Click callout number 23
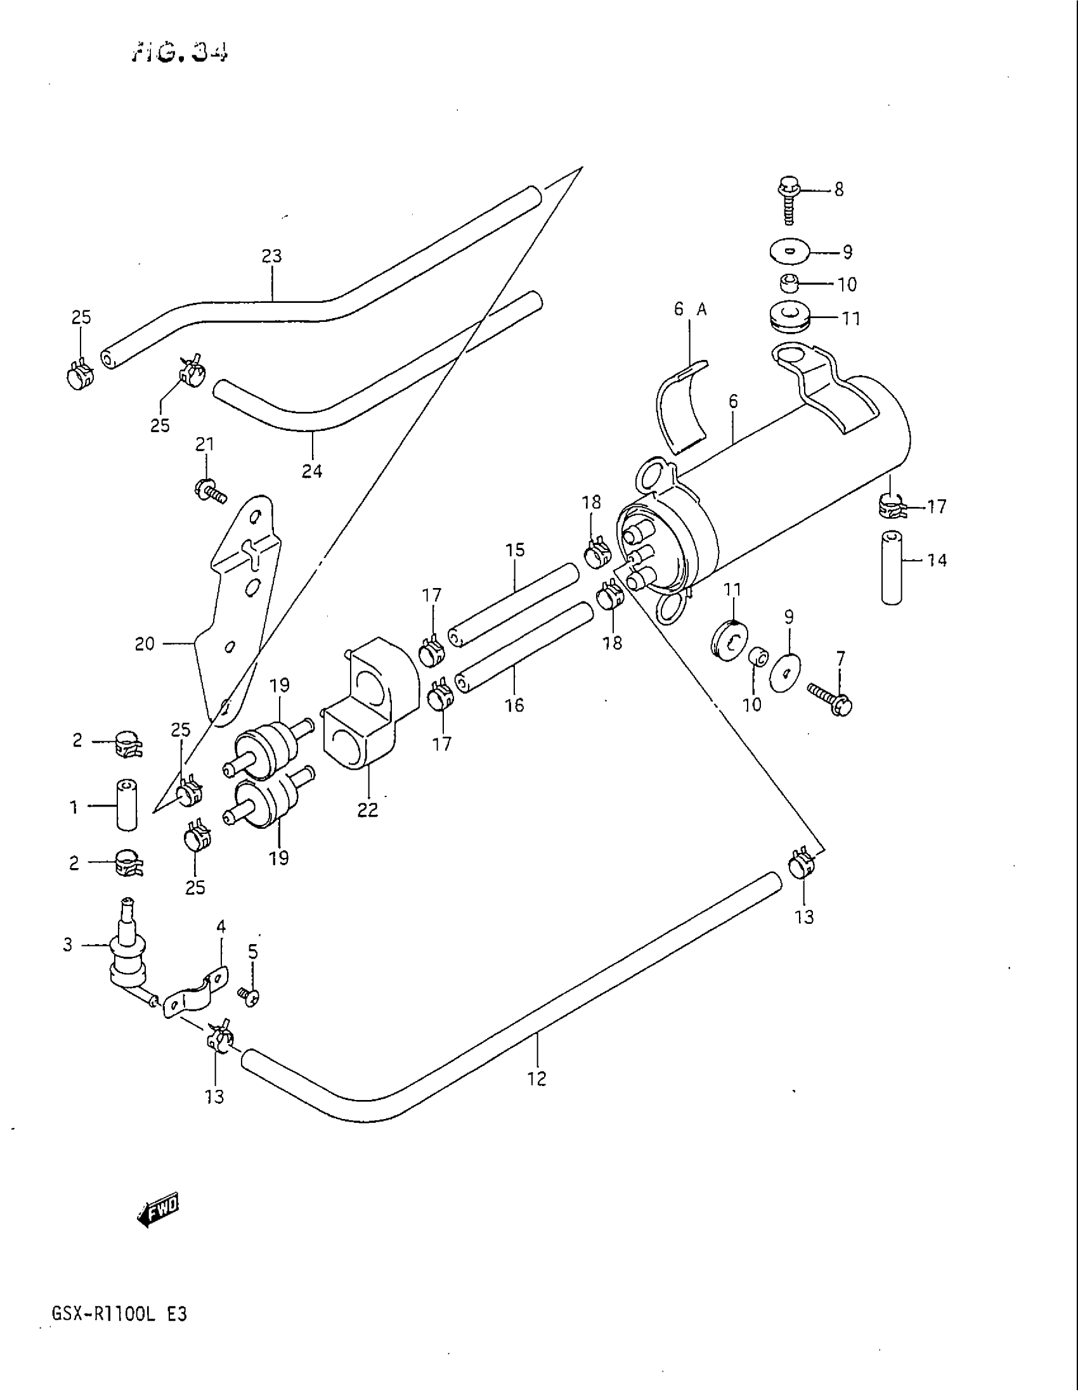click(x=271, y=257)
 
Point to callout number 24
click(x=311, y=471)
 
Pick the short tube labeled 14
click(x=892, y=567)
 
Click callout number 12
click(x=537, y=1079)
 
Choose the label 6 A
click(x=690, y=310)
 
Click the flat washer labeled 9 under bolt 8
click(x=791, y=251)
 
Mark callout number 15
click(x=515, y=549)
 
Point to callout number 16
click(x=514, y=705)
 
